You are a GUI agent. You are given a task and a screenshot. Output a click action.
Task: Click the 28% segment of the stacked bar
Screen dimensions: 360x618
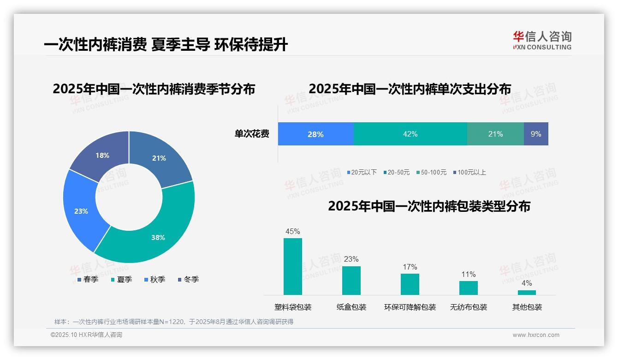point(316,134)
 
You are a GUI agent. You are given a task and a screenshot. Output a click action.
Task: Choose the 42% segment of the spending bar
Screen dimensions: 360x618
point(410,134)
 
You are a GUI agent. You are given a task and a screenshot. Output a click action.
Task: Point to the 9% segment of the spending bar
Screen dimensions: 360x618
point(536,134)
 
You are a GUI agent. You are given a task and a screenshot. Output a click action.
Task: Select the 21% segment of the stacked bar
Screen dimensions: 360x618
point(495,134)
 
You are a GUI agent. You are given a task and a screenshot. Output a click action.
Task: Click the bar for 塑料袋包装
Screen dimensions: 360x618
point(293,266)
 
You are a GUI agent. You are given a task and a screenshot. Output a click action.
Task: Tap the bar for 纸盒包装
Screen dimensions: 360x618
point(351,280)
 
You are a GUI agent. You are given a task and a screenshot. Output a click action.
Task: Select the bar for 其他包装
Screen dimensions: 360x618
point(527,292)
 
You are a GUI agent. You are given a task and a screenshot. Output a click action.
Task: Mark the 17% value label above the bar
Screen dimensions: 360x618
point(410,267)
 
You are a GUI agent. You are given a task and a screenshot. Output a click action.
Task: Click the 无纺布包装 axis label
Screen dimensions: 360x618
point(468,307)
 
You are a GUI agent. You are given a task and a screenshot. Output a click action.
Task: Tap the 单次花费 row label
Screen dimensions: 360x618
point(252,134)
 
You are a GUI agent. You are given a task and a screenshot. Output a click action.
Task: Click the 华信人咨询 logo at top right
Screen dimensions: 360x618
point(542,40)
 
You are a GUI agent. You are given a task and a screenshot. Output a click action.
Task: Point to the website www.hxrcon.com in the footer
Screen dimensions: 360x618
point(536,335)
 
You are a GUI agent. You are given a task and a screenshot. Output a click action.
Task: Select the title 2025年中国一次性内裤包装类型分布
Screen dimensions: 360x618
point(429,206)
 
